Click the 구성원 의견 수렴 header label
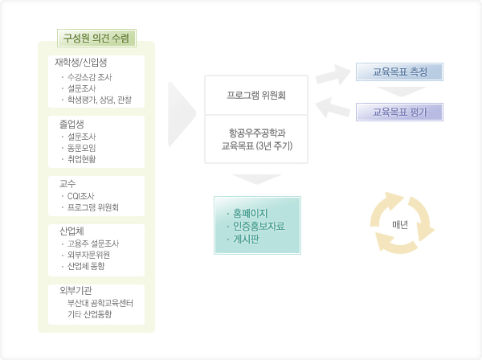tap(96, 38)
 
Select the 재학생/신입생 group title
tap(81, 62)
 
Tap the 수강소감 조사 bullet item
tap(88, 77)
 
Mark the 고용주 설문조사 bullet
tap(93, 243)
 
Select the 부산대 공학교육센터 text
tap(100, 303)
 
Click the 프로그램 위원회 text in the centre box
tap(257, 95)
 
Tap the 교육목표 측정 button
tap(400, 72)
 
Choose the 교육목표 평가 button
tap(400, 110)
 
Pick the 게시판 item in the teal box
tap(246, 239)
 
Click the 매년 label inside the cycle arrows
tap(400, 223)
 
